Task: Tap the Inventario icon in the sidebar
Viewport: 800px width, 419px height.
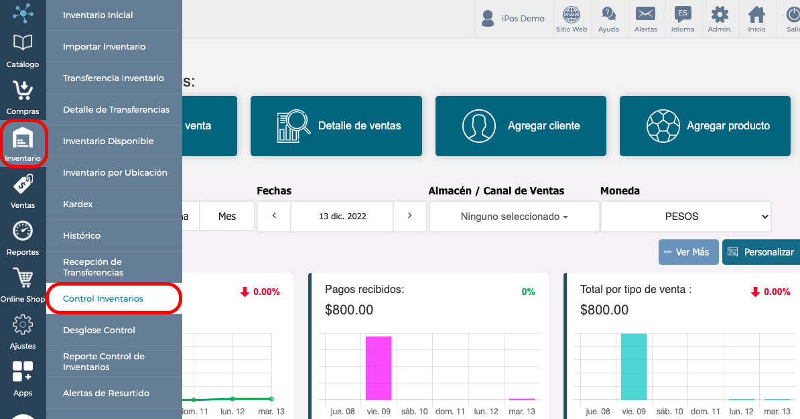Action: [23, 139]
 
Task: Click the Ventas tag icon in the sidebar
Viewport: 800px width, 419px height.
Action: [23, 184]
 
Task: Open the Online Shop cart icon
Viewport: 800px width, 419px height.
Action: [23, 278]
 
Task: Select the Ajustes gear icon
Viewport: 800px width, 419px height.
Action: [23, 324]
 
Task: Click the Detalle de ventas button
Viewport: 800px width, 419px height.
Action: [336, 126]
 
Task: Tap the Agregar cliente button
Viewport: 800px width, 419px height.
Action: [521, 126]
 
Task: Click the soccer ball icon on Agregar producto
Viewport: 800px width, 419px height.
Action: [663, 126]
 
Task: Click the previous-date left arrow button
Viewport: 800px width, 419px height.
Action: [274, 216]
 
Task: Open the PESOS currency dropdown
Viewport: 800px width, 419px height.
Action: [685, 217]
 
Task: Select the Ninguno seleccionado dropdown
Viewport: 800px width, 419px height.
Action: [515, 217]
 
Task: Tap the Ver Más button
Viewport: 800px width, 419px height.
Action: [688, 252]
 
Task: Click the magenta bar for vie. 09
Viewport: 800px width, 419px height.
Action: [379, 368]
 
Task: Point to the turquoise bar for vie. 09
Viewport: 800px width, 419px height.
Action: [634, 367]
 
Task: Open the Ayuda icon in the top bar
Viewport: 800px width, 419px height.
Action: [608, 19]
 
